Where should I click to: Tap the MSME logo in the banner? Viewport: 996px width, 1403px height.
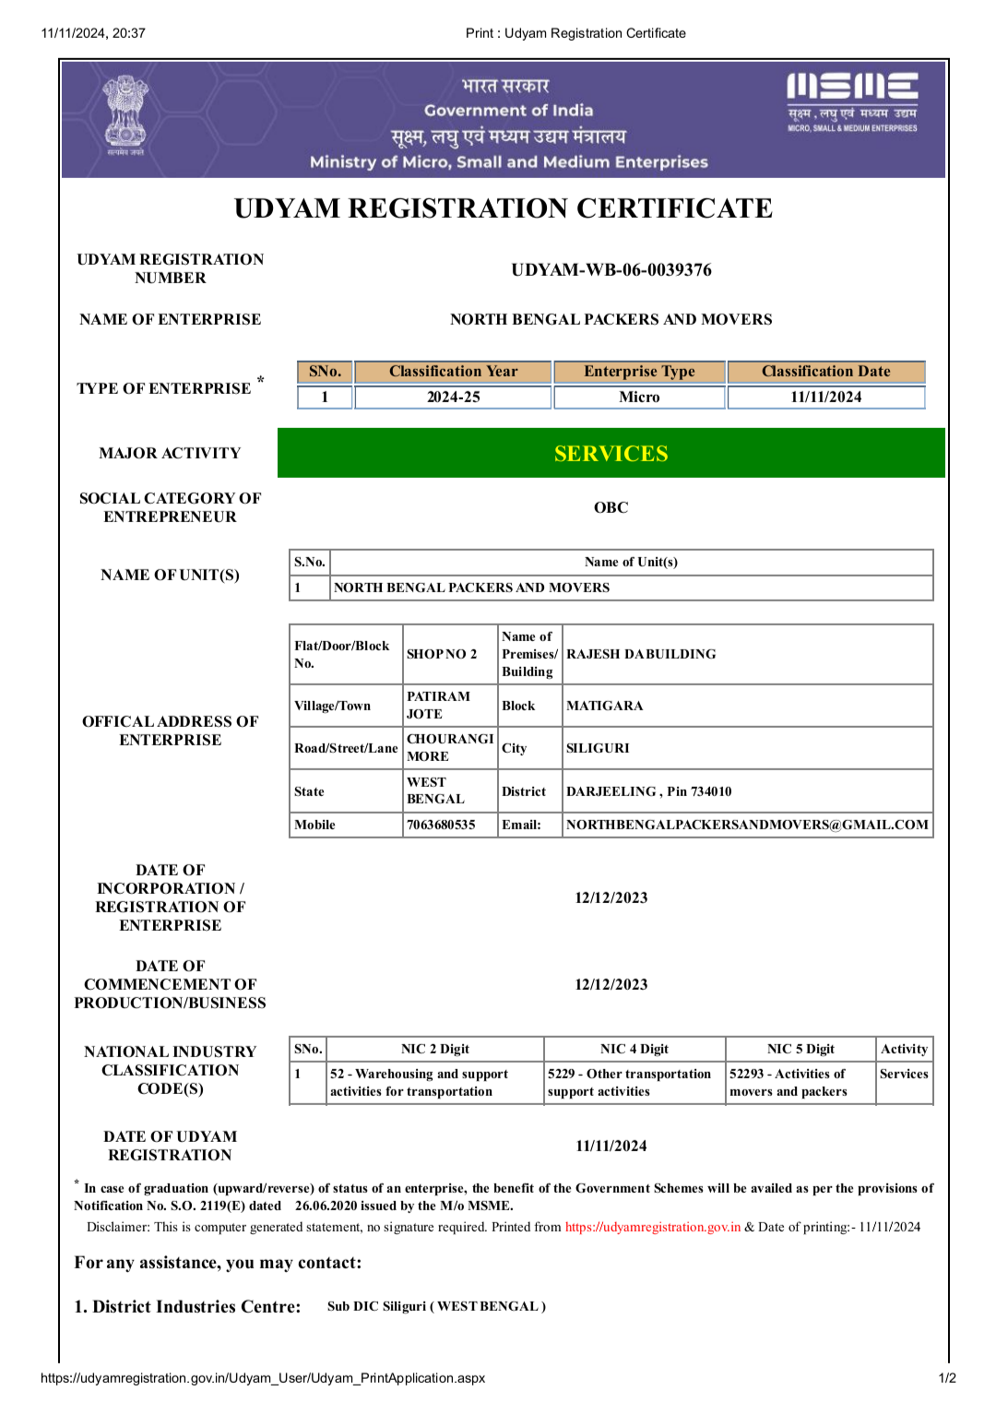click(852, 101)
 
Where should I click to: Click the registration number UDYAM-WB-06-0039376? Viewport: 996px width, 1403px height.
click(611, 270)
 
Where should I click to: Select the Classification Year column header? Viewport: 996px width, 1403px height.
click(453, 372)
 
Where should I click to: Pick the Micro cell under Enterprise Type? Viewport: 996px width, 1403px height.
click(639, 398)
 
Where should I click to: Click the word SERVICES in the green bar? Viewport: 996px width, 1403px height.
click(611, 454)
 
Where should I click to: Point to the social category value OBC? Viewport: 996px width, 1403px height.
click(611, 507)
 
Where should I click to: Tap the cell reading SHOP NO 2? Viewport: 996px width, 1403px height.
click(442, 654)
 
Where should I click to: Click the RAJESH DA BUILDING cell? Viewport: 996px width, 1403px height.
click(641, 654)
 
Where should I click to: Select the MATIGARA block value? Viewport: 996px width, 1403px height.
click(604, 706)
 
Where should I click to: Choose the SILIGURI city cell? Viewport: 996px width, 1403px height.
click(598, 748)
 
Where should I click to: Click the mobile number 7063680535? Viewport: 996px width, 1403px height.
click(441, 825)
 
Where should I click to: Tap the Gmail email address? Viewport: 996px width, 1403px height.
click(747, 825)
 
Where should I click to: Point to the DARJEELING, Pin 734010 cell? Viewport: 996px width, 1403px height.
click(648, 791)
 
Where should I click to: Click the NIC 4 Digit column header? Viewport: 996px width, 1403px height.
click(634, 1049)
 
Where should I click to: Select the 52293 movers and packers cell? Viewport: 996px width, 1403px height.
click(788, 1083)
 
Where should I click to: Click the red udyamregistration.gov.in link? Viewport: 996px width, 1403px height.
click(652, 1227)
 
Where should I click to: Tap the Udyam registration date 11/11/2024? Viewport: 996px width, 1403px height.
click(611, 1146)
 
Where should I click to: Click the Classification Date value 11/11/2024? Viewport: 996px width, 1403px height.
click(825, 398)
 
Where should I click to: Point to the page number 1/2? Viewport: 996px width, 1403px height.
click(947, 1378)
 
